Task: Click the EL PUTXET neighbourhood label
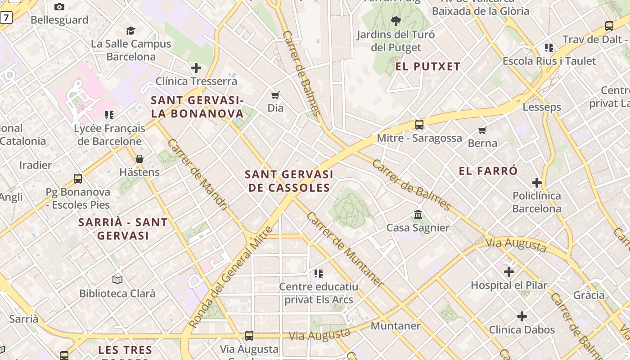[x=428, y=67]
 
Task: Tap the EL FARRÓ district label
[x=488, y=171]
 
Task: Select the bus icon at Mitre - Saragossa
[x=419, y=125]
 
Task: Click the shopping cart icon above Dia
[x=275, y=95]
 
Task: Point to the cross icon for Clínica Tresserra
[x=196, y=68]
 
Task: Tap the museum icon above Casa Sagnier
[x=418, y=214]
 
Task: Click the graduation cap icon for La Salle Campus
[x=130, y=31]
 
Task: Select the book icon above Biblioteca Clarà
[x=117, y=280]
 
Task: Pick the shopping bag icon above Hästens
[x=139, y=159]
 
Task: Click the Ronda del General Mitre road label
[x=231, y=277]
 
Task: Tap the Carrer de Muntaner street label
[x=345, y=249]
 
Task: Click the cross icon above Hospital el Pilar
[x=509, y=272]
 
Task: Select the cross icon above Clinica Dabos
[x=522, y=316]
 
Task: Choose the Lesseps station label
[x=542, y=107]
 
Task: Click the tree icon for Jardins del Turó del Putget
[x=396, y=21]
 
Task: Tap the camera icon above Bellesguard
[x=59, y=7]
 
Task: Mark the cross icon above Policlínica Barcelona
[x=536, y=183]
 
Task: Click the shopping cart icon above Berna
[x=482, y=130]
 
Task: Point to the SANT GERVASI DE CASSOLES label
[x=289, y=181]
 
